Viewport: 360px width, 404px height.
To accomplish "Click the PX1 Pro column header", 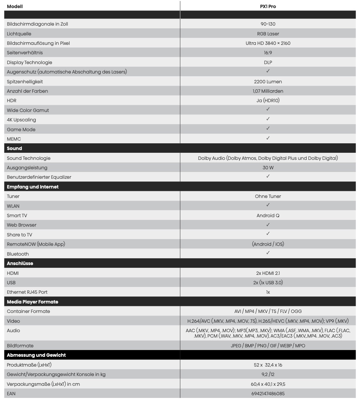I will click(x=268, y=6).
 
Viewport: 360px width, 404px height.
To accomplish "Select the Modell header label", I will click(x=15, y=6).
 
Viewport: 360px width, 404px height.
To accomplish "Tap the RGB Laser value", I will click(x=268, y=34).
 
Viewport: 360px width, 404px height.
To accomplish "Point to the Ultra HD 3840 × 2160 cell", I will click(x=268, y=43).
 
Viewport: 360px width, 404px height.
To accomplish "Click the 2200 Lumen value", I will click(x=268, y=82).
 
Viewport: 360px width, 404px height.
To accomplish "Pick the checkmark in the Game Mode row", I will click(x=268, y=128).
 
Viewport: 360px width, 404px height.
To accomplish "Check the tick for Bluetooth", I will click(x=268, y=253).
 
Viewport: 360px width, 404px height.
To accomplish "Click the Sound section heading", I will click(x=14, y=148).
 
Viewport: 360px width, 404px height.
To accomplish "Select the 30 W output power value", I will click(x=268, y=168).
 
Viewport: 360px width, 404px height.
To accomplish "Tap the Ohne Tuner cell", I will click(x=268, y=196).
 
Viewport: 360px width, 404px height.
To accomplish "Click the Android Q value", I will click(x=268, y=215).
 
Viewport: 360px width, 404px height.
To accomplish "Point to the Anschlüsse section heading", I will click(x=20, y=263).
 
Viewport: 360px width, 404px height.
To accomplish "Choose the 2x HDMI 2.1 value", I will click(x=268, y=273).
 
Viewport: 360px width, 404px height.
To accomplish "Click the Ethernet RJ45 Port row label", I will click(x=27, y=292).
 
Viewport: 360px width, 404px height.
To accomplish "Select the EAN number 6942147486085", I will click(x=268, y=394).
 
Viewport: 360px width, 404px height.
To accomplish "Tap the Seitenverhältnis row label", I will click(x=25, y=53).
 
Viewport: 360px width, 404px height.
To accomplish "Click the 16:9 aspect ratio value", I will click(x=268, y=53).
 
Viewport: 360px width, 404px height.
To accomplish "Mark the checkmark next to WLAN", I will click(x=268, y=205).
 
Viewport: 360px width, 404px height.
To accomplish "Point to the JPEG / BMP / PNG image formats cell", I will click(x=268, y=346).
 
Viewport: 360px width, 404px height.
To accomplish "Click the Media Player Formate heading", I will click(x=32, y=302).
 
